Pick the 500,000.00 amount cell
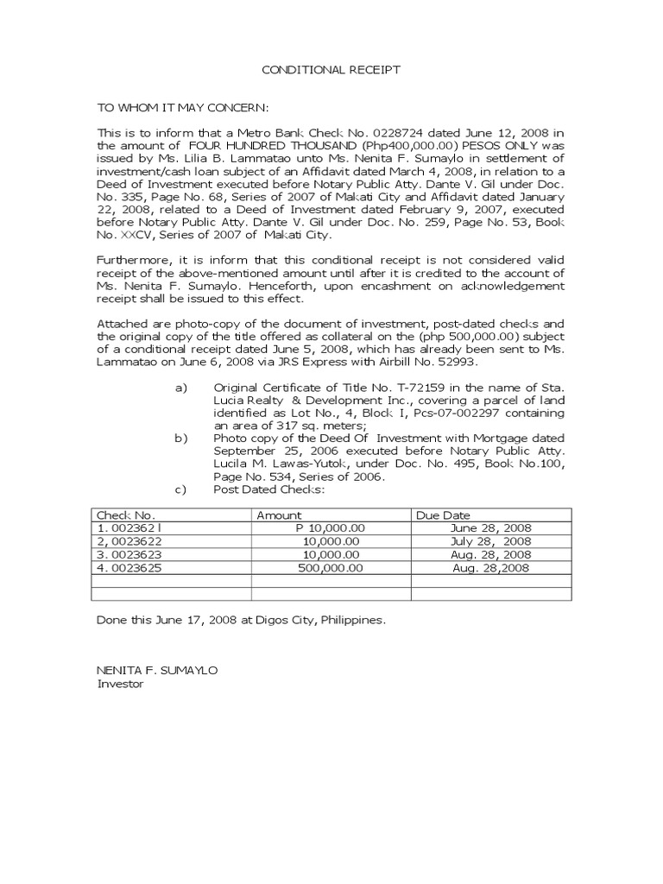pos(330,568)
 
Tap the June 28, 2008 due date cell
pos(491,528)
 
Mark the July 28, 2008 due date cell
pos(491,541)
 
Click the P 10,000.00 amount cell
pos(331,528)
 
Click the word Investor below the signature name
pos(120,683)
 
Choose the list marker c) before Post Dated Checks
pos(181,490)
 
